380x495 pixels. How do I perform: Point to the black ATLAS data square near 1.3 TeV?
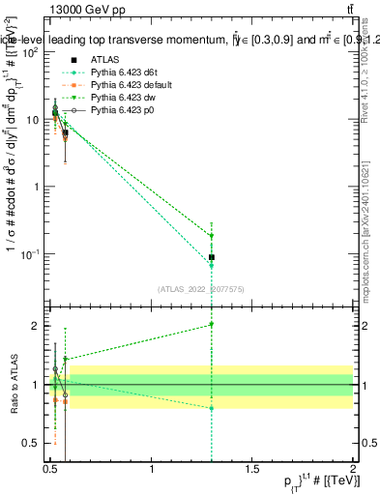click(x=212, y=257)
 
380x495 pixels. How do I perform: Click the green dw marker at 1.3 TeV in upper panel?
click(x=212, y=236)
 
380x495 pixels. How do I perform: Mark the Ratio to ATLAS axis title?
click(x=13, y=384)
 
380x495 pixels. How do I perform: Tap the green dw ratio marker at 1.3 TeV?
click(x=212, y=325)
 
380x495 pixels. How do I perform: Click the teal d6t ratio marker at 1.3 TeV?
click(x=212, y=408)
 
